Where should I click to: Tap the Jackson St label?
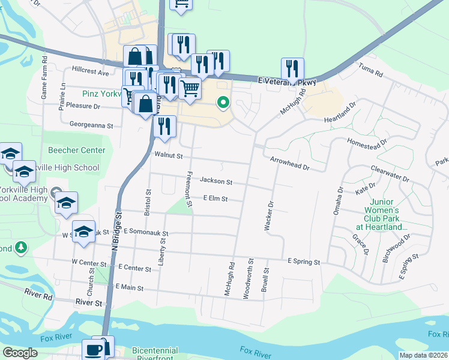click(x=215, y=180)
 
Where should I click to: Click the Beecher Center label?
click(x=76, y=151)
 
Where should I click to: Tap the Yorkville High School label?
click(x=65, y=168)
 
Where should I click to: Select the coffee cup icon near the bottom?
click(x=94, y=349)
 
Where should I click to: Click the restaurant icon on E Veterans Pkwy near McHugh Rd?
click(x=292, y=69)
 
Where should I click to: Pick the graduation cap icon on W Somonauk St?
click(x=83, y=232)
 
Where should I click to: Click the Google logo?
click(x=20, y=353)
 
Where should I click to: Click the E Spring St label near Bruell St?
click(x=304, y=262)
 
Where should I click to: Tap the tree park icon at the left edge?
click(x=21, y=247)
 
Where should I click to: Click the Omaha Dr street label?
click(x=339, y=199)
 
